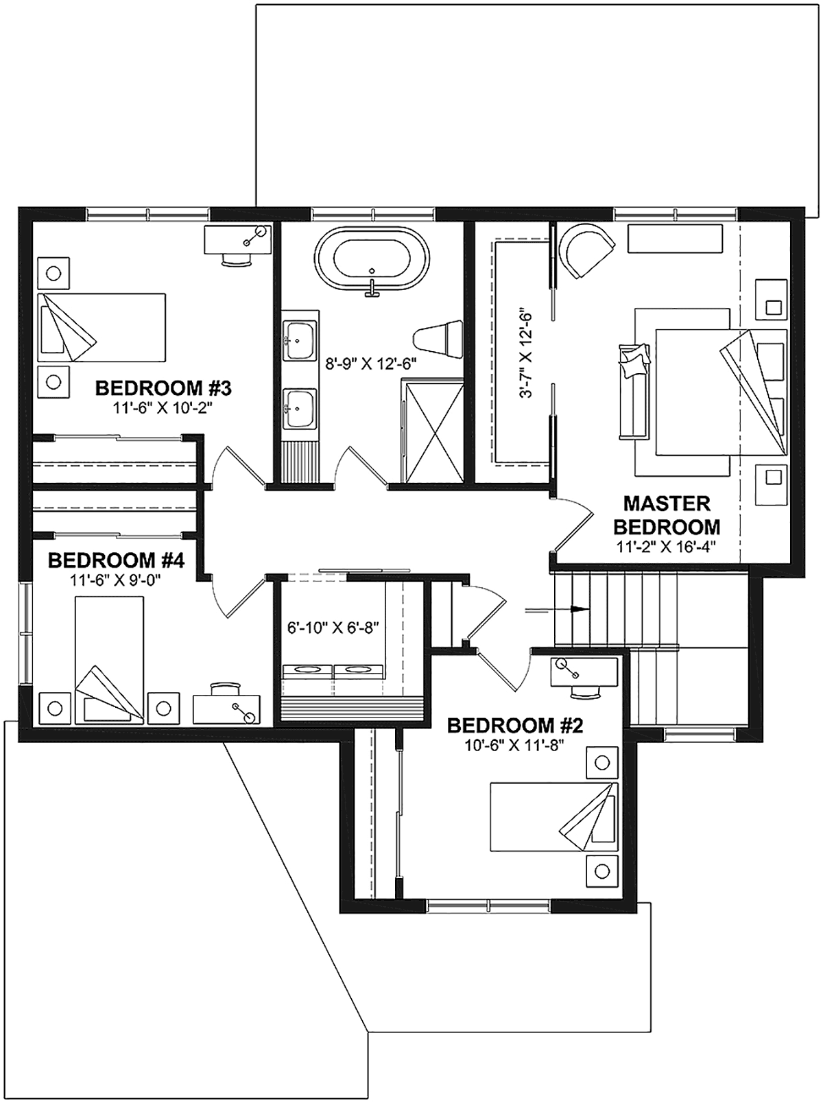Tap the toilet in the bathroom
pyautogui.click(x=439, y=339)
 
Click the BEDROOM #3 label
pyautogui.click(x=163, y=388)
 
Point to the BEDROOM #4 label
pyautogui.click(x=116, y=560)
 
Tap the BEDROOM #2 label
pyautogui.click(x=515, y=726)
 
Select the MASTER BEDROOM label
pyautogui.click(x=667, y=515)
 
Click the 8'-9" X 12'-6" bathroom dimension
pyautogui.click(x=372, y=364)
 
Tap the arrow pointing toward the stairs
pyautogui.click(x=557, y=610)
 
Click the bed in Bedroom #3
pyautogui.click(x=102, y=328)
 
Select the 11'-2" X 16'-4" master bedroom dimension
pyautogui.click(x=667, y=547)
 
